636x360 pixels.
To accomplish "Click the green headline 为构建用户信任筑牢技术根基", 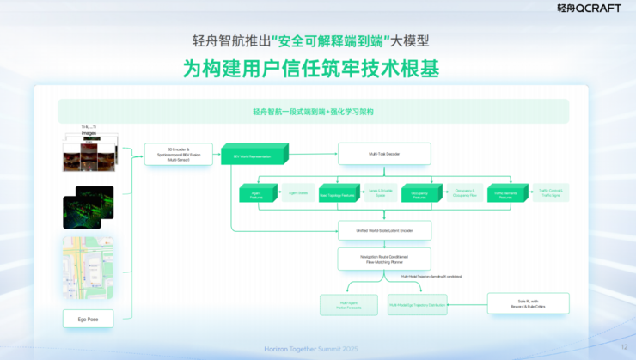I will (311, 69).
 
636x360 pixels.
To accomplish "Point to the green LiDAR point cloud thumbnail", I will (89, 207).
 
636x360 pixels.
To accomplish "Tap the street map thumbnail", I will (89, 267).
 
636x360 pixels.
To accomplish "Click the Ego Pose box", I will (89, 320).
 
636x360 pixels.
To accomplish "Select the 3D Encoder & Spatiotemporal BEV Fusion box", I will (178, 155).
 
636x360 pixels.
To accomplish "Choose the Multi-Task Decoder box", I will (383, 155).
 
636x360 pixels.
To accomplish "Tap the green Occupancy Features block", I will (420, 194).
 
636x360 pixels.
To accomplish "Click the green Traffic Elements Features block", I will (505, 194).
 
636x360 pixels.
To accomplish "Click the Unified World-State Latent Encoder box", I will (383, 231).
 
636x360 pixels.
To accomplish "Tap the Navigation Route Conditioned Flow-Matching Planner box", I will (383, 259).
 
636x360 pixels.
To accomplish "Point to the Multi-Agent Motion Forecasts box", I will (348, 304).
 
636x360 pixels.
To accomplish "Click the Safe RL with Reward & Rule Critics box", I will (529, 304).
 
